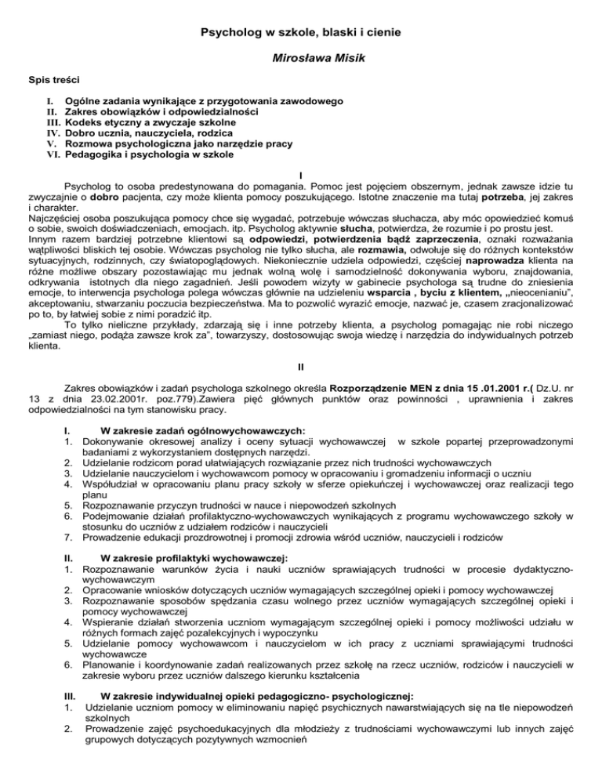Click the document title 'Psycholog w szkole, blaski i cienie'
click(x=301, y=33)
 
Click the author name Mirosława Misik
click(x=301, y=58)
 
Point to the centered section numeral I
click(x=302, y=176)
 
